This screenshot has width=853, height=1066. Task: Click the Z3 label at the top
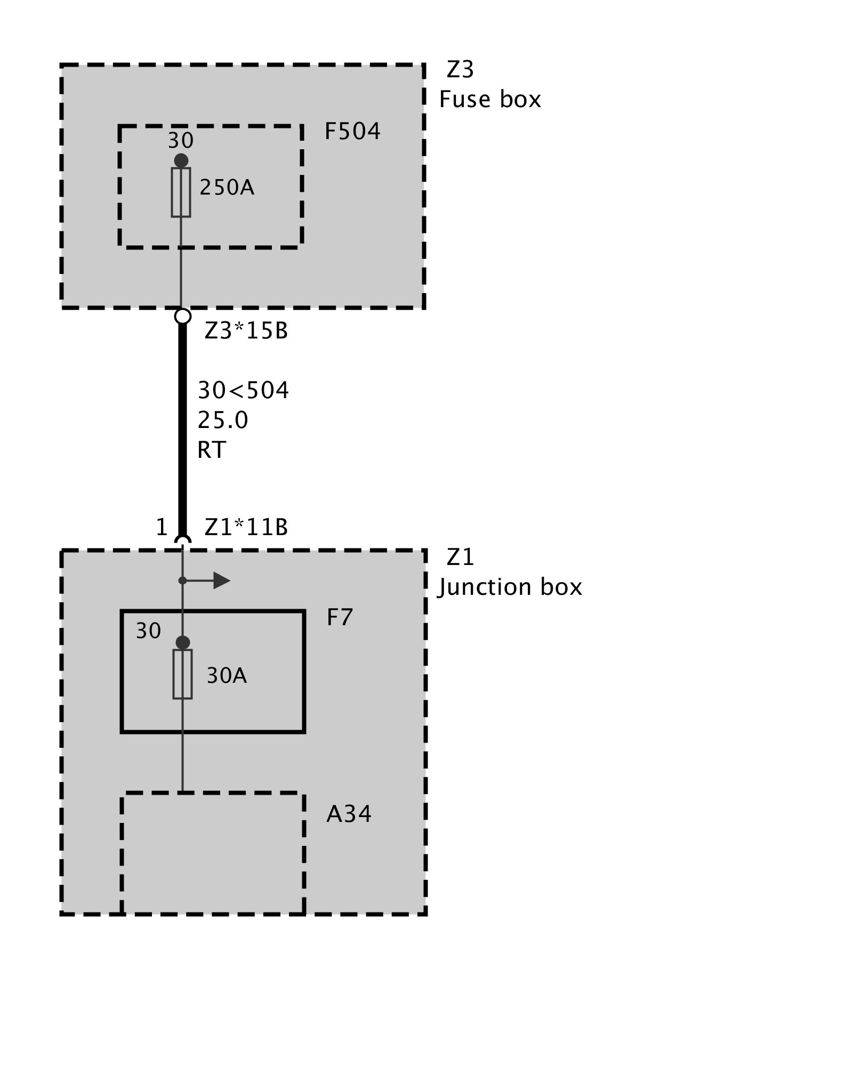click(460, 70)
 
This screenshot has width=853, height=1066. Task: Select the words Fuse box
click(489, 100)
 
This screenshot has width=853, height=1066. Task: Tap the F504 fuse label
click(352, 132)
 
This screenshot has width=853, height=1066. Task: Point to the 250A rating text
click(227, 188)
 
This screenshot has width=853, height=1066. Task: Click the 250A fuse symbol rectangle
click(181, 192)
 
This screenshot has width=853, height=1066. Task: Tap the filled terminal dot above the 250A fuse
click(181, 160)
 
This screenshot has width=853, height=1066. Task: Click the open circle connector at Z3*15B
click(182, 316)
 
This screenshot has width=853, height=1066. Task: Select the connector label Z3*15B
click(246, 331)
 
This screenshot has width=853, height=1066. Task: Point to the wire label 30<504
click(243, 390)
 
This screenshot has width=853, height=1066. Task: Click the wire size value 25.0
click(223, 420)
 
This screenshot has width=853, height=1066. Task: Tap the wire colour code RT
click(212, 450)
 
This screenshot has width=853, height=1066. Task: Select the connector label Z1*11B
click(246, 527)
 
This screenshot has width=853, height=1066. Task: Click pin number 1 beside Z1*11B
click(162, 527)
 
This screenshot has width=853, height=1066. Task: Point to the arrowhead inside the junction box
click(221, 580)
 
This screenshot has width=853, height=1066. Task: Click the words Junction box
click(510, 587)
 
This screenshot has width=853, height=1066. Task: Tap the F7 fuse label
click(340, 617)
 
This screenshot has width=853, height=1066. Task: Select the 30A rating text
click(227, 676)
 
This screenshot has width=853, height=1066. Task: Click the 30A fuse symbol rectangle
click(182, 674)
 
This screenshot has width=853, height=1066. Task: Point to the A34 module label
click(349, 814)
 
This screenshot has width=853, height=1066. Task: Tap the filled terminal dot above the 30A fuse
click(182, 642)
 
